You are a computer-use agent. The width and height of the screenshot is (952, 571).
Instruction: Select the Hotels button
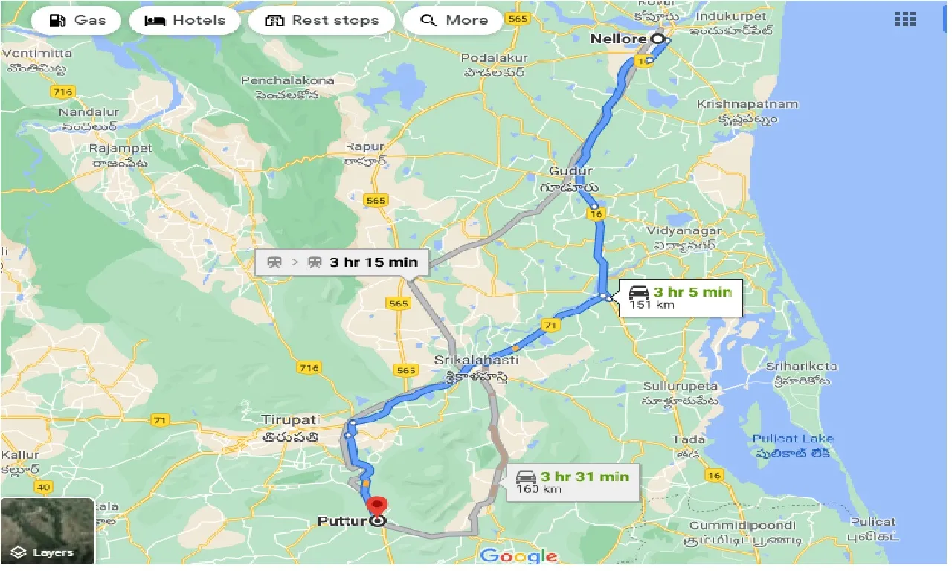point(184,20)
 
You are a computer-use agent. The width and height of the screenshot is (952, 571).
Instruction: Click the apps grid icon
point(905,19)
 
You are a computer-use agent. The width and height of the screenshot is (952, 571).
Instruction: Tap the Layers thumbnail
point(47,531)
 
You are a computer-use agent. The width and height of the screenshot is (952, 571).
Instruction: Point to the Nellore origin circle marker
point(657,39)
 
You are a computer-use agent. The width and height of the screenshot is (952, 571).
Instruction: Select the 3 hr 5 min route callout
point(680,297)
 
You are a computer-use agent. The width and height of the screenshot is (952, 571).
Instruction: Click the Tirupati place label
point(290,420)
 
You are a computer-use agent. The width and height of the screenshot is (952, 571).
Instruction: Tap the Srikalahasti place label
point(476,361)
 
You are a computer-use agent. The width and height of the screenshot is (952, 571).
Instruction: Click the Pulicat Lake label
point(793,439)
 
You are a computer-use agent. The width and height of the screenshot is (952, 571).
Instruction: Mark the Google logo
point(518,555)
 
